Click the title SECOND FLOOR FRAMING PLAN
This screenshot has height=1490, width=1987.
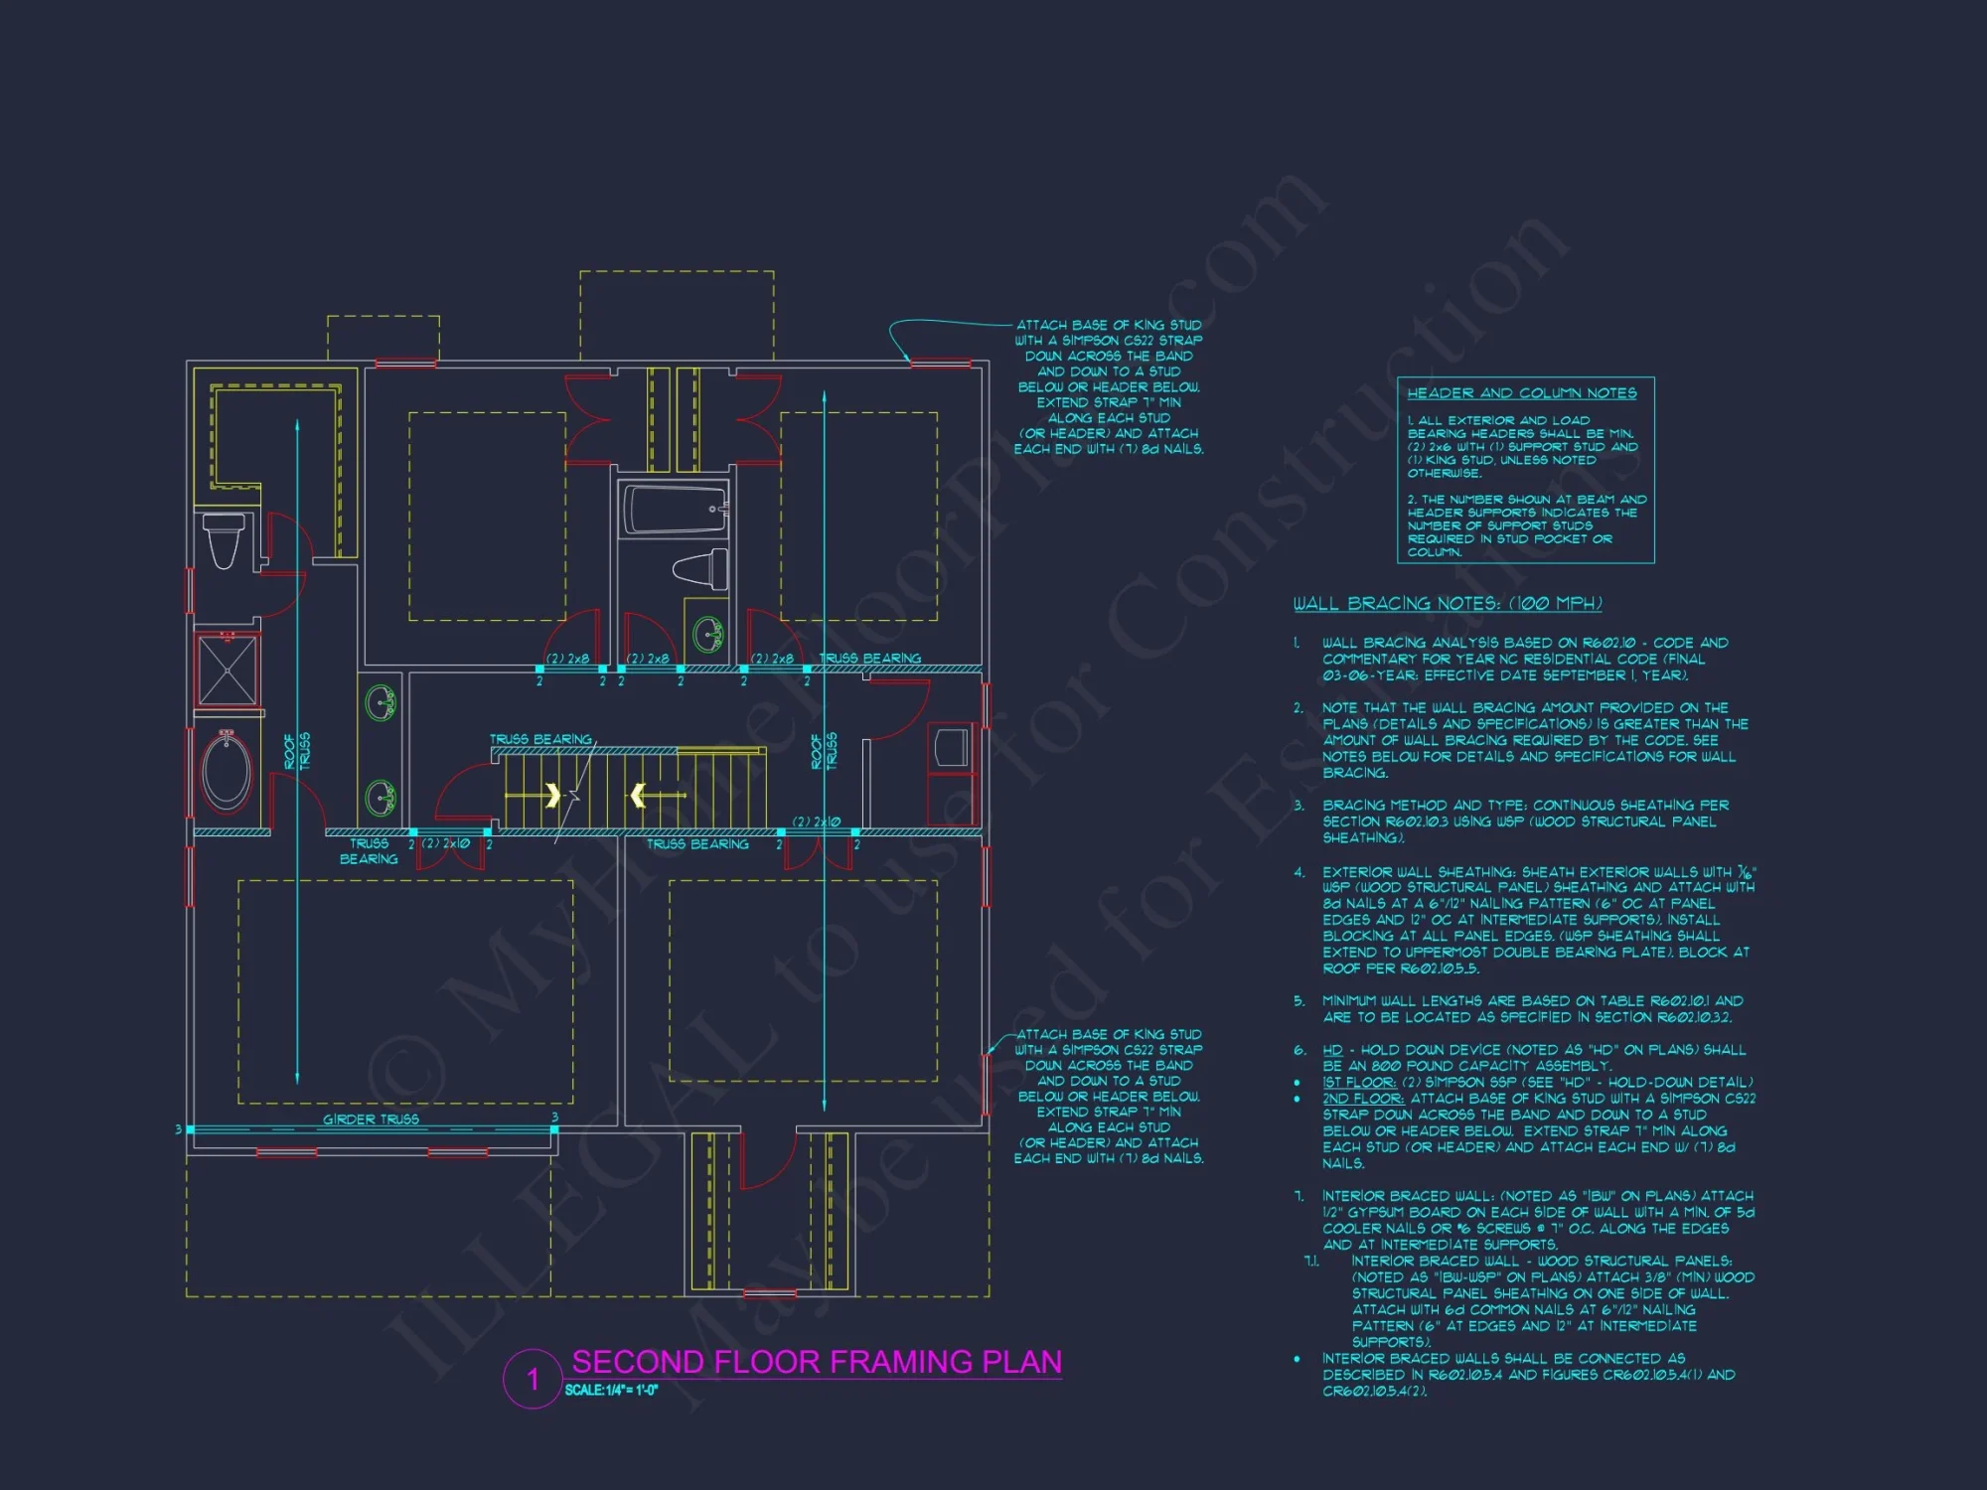point(817,1361)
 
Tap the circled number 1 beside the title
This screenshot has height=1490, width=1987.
point(533,1379)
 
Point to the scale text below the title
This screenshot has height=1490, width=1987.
point(611,1390)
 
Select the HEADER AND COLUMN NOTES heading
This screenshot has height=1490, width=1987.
point(1521,393)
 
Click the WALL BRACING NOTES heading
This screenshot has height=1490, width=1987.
point(1447,603)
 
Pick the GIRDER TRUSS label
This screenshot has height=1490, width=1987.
point(371,1119)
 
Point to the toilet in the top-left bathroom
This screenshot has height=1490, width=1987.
point(224,539)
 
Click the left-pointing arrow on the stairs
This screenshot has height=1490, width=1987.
point(639,795)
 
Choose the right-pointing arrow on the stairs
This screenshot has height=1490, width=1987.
point(552,795)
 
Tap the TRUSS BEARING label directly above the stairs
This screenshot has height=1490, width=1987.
point(539,740)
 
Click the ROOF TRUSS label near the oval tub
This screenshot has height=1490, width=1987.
point(296,751)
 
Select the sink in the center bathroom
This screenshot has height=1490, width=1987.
point(708,633)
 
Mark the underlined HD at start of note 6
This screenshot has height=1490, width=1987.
point(1331,1050)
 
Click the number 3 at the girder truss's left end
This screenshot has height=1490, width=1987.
point(178,1129)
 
